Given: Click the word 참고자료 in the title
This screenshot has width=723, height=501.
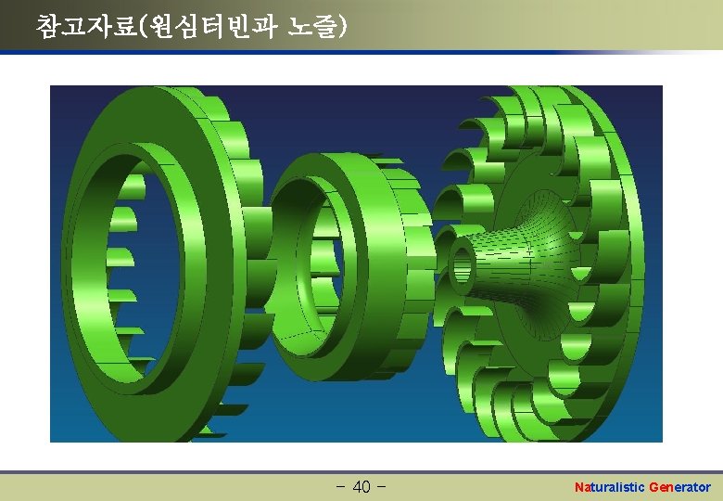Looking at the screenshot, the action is pyautogui.click(x=86, y=26).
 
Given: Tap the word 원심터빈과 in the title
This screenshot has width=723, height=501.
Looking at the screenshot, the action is pyautogui.click(x=214, y=26).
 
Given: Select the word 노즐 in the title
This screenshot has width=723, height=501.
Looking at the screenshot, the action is pyautogui.click(x=312, y=26).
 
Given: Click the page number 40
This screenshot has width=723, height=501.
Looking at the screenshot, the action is pyautogui.click(x=361, y=486).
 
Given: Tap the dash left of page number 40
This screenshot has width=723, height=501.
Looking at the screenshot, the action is pyautogui.click(x=341, y=486).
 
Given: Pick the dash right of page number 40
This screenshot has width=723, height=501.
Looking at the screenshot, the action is pyautogui.click(x=381, y=486).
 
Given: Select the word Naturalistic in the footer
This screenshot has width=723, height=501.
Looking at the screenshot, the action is pyautogui.click(x=609, y=487).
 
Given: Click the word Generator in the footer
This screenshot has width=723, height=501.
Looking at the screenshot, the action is pyautogui.click(x=679, y=487).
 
